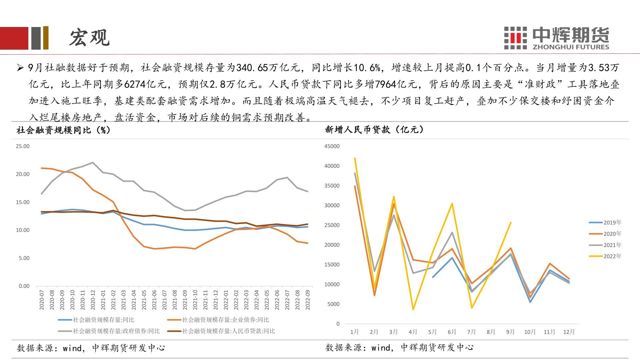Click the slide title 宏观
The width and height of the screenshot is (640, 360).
[89, 37]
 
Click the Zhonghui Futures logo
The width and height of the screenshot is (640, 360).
[556, 38]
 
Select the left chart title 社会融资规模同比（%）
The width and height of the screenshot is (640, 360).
[63, 130]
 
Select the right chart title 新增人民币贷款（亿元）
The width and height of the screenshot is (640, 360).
[374, 130]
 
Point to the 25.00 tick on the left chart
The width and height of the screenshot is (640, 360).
[23, 146]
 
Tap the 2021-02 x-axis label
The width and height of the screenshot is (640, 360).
[113, 300]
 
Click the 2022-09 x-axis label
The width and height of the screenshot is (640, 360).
[308, 300]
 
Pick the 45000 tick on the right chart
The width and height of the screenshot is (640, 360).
[332, 146]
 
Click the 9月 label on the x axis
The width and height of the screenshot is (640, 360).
[510, 332]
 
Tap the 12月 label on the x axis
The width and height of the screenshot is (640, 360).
[569, 332]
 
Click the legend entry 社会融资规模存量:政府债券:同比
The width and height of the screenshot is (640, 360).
[109, 331]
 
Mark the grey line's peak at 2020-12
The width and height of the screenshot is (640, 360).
[93, 163]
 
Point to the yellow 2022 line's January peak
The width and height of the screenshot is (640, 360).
[355, 158]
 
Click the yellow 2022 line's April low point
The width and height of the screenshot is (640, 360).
[413, 309]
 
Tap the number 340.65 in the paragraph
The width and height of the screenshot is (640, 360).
[252, 68]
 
